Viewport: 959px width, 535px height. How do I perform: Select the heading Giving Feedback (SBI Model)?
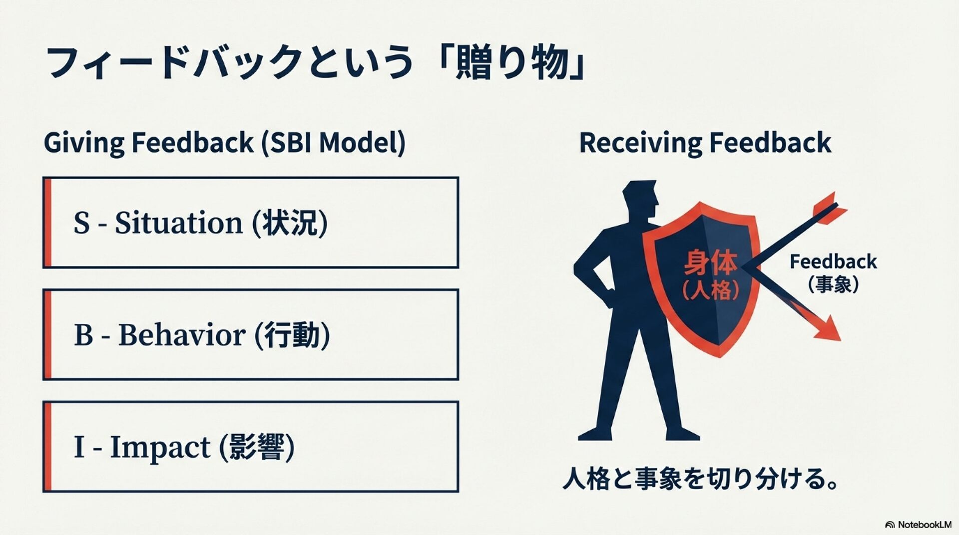tap(225, 143)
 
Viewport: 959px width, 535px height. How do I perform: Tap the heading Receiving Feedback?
tap(705, 143)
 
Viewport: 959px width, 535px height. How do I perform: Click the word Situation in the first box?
tap(178, 223)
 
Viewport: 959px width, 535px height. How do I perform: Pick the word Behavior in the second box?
tap(181, 335)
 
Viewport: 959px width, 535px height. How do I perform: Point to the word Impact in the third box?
tap(159, 447)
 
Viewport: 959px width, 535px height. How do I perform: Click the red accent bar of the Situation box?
tap(48, 223)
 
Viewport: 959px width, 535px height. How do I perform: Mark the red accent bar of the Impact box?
tap(48, 447)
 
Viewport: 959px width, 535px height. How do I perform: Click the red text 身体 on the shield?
tap(710, 263)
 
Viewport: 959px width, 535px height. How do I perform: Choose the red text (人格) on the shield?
tap(710, 289)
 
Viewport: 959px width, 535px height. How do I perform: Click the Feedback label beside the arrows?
tap(833, 262)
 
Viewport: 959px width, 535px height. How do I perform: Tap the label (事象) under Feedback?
tap(833, 284)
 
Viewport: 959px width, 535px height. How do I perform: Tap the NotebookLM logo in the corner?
tap(918, 525)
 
